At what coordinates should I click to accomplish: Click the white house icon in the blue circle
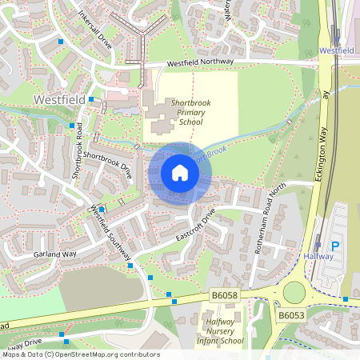click(180, 173)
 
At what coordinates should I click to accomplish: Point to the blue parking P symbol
click(335, 246)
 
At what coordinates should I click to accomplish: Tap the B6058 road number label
click(225, 296)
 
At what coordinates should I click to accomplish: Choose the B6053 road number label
click(292, 316)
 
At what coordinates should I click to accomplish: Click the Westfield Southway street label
click(111, 233)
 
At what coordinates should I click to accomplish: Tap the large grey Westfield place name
click(58, 99)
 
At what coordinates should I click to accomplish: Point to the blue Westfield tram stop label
click(336, 50)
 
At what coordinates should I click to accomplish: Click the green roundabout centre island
click(295, 293)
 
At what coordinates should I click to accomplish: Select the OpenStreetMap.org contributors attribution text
click(108, 354)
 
